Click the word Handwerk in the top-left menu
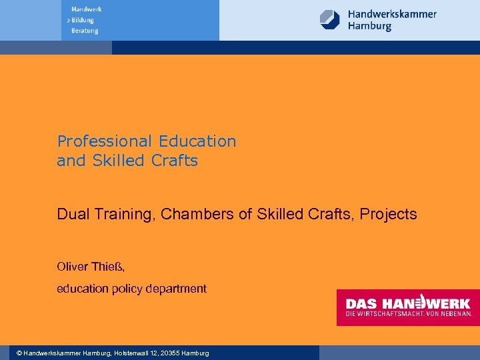pos(86,9)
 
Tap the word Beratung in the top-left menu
pos(85,31)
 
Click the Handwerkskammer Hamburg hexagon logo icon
pos(330,19)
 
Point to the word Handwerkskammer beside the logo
pos(392,13)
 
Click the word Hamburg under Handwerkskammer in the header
pos(369,27)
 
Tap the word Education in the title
pos(197,141)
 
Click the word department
pos(177,289)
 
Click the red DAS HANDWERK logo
pos(407,307)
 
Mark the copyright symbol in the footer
pos(19,353)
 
